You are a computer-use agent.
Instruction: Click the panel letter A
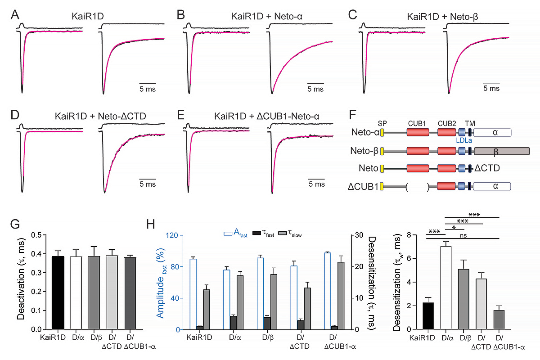[15, 15]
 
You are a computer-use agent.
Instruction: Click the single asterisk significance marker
[454, 227]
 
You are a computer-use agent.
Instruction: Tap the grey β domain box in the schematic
[502, 151]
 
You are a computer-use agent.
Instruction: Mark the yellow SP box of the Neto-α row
[382, 132]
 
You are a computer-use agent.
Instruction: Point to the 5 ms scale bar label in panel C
[491, 89]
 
